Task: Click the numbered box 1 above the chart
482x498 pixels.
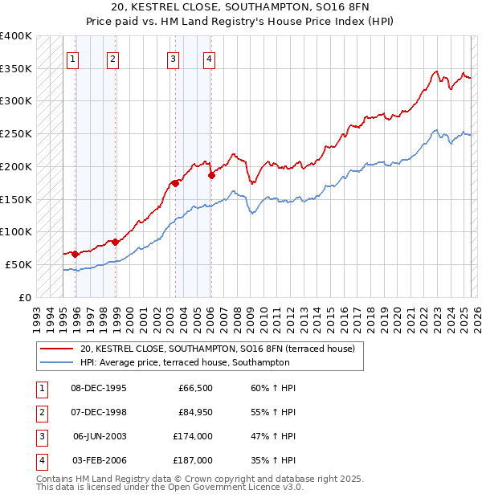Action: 73,58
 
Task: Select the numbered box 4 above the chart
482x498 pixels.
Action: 208,58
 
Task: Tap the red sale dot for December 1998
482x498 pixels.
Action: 115,241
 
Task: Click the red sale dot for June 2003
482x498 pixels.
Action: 175,183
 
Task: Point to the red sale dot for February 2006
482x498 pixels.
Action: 211,174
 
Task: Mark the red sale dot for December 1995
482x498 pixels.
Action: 75,254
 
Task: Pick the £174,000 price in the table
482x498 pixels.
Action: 194,436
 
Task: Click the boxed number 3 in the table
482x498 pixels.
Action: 40,436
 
